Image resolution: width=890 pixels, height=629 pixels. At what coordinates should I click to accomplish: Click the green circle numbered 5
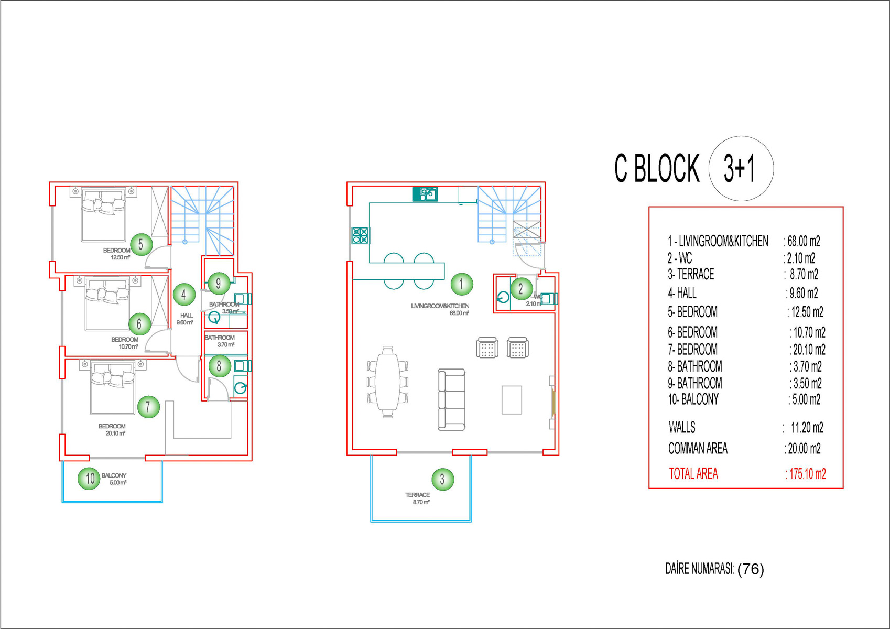[141, 244]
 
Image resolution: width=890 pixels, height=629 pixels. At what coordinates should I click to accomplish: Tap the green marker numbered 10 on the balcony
[89, 479]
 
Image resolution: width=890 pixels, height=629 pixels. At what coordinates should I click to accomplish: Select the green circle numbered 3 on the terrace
[442, 479]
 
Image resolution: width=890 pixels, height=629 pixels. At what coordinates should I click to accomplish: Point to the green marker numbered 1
[462, 284]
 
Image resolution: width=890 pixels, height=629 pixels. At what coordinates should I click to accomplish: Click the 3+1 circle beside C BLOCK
[741, 168]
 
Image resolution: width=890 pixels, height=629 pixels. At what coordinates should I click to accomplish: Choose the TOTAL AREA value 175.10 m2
[806, 474]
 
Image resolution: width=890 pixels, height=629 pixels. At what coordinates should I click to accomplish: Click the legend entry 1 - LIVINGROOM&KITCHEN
[718, 241]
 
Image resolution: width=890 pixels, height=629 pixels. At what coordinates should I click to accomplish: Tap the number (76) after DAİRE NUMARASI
[751, 569]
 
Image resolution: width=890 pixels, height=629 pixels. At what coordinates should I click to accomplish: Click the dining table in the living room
[387, 382]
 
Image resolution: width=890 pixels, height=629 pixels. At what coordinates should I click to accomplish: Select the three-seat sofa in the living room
[451, 400]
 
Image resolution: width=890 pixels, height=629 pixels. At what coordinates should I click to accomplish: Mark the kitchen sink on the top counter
[425, 194]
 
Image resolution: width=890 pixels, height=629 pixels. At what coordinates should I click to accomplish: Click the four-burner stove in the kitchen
[361, 235]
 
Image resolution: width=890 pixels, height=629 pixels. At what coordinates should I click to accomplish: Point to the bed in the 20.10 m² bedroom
[113, 387]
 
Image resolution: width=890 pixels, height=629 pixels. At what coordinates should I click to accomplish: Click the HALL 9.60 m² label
[185, 319]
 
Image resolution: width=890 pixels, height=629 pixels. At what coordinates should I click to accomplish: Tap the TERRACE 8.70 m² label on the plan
[418, 498]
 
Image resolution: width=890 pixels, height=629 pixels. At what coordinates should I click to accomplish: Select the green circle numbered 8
[219, 365]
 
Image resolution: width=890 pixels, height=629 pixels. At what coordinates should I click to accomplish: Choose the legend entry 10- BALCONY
[693, 399]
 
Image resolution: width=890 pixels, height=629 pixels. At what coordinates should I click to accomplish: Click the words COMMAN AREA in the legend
[698, 448]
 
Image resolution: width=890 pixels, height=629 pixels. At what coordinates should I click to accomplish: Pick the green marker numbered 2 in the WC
[520, 289]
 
